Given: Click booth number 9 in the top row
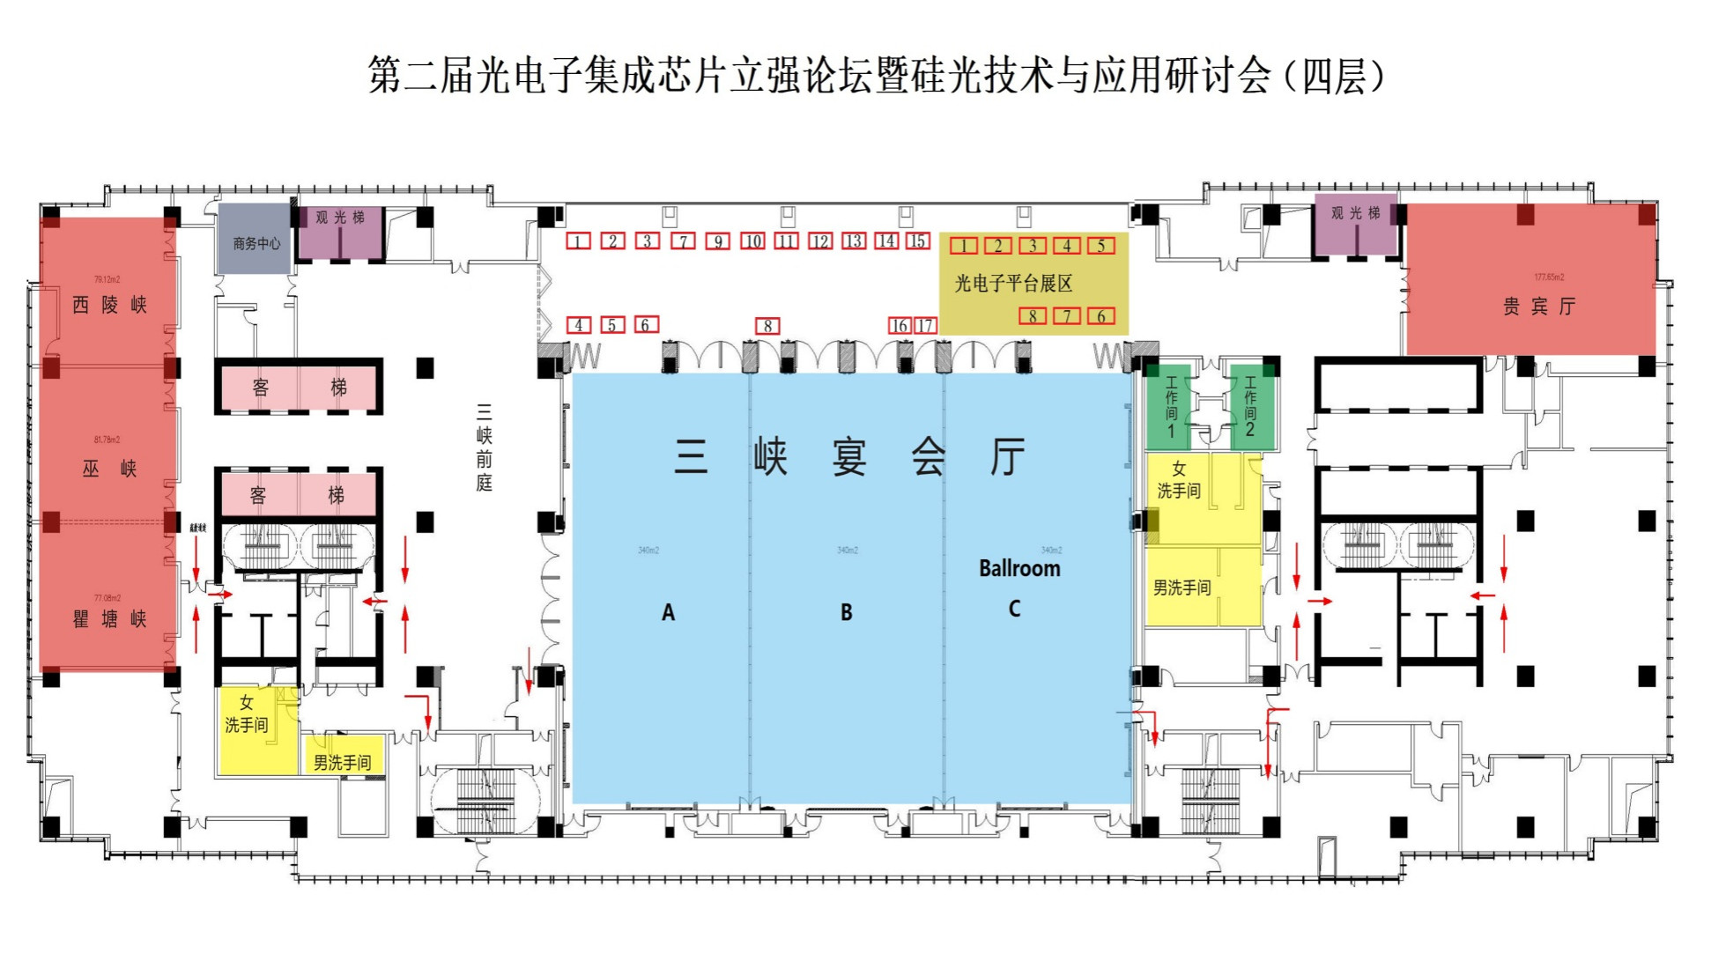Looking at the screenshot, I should pos(718,241).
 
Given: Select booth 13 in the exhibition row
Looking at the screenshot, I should pos(854,241).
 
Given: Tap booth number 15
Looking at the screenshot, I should pos(918,240).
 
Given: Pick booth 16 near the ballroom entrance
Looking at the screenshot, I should pos(900,326).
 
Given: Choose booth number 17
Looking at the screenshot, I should pos(925,326).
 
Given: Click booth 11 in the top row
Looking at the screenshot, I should pos(786,241).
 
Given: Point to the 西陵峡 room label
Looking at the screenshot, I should pos(109,305).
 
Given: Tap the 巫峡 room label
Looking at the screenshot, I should pos(109,469).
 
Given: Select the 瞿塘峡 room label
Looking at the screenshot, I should pos(109,619).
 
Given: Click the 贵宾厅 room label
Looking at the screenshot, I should pos(1538,307).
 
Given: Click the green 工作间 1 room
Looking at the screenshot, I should pos(1171,407).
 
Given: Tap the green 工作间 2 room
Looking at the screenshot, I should pos(1250,407).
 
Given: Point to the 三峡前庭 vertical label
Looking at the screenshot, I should pos(484,447).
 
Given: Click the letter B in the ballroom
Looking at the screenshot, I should pos(846,612).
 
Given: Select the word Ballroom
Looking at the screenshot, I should pos(1019,568).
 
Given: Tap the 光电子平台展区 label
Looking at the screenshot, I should pos(1013,284).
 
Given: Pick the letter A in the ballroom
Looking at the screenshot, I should pos(668,612).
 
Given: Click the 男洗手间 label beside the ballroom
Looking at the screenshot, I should pos(1181,588).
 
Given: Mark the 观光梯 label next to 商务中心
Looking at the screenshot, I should pos(340,218).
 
